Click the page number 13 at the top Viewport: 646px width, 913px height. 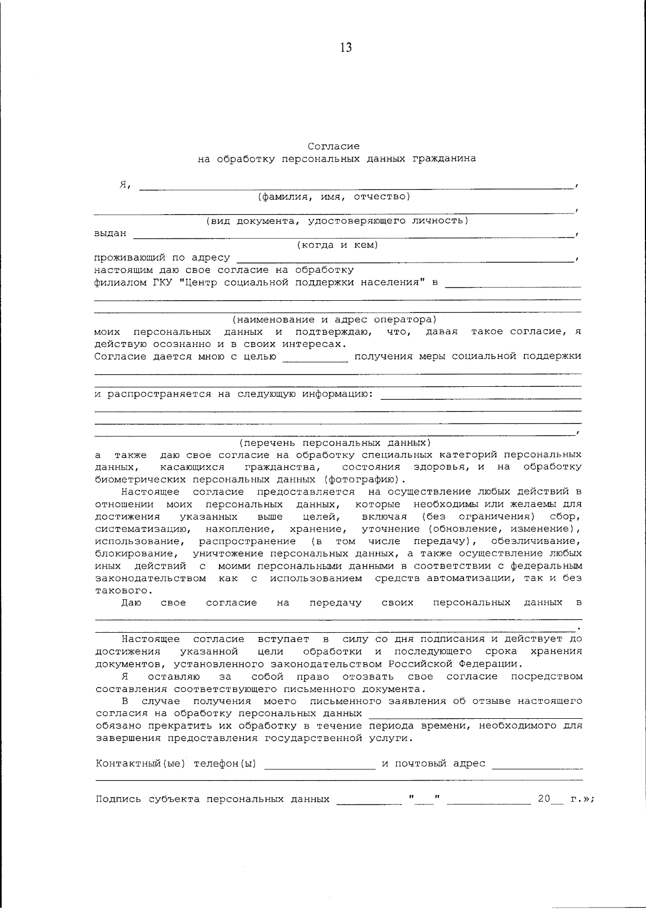coord(346,48)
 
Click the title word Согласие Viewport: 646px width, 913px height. coord(334,146)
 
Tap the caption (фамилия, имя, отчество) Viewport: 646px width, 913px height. coord(334,196)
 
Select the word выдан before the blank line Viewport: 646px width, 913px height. coord(110,233)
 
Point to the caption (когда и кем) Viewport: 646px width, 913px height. coord(338,245)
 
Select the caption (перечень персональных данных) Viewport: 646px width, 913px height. coord(335,443)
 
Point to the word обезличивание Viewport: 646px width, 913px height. coord(544,541)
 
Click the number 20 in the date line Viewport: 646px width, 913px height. coord(544,799)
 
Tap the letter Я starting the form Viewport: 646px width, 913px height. coord(123,184)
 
